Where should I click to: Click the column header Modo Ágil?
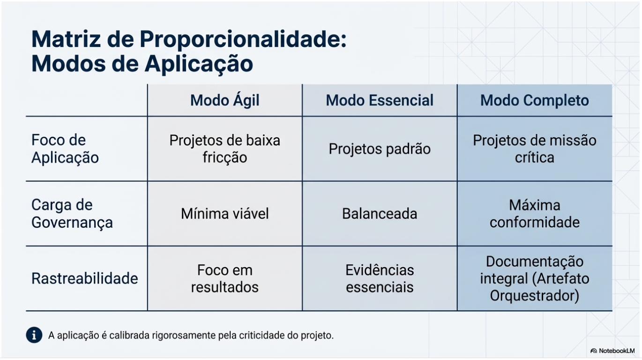[x=224, y=100]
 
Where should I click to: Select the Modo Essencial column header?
[x=380, y=100]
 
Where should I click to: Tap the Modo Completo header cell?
[x=534, y=100]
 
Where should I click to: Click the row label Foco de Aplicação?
[x=65, y=149]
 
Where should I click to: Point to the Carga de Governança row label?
[x=72, y=213]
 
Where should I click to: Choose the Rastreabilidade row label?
[x=84, y=278]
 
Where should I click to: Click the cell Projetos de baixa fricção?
[x=224, y=149]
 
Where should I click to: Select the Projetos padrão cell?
[x=380, y=149]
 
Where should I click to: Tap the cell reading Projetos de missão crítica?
[x=534, y=149]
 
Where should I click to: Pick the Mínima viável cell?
[x=224, y=214]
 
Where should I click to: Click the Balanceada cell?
[x=380, y=214]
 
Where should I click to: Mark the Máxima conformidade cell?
[x=534, y=213]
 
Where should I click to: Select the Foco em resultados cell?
[x=224, y=278]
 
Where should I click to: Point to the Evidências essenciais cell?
[x=380, y=278]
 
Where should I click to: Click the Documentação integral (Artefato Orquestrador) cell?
[x=534, y=278]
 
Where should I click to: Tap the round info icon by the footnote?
[x=34, y=335]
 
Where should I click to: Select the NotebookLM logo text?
[x=616, y=351]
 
